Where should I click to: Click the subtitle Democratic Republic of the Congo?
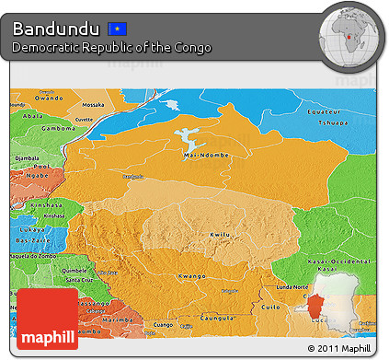tap(111, 47)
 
